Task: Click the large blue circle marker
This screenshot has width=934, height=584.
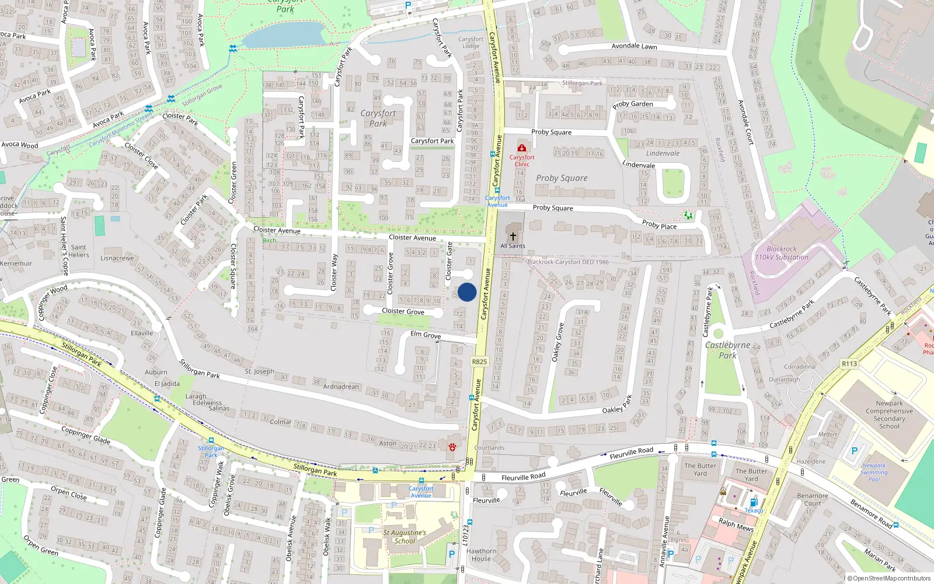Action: tap(467, 292)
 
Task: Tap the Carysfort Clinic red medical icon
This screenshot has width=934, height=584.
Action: tap(522, 148)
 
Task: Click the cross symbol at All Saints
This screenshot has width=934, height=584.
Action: tap(513, 237)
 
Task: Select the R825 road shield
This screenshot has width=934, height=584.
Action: tap(479, 361)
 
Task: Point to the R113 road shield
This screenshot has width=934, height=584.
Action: tap(849, 364)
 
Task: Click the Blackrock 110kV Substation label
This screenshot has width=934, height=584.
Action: tap(782, 253)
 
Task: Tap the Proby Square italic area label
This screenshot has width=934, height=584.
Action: tap(562, 178)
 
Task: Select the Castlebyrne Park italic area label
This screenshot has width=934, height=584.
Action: tap(727, 350)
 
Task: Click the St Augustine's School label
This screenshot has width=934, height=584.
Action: tap(405, 537)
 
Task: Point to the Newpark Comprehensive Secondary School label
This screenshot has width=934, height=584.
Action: tap(889, 415)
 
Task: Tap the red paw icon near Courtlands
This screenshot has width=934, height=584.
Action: tap(452, 447)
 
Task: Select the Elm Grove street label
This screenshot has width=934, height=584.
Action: tap(426, 335)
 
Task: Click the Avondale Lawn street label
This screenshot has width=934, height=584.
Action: tap(634, 46)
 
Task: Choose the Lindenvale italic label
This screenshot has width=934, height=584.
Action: tap(663, 154)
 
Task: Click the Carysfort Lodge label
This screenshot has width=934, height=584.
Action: tap(471, 43)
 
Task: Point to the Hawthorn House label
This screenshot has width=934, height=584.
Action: tap(482, 555)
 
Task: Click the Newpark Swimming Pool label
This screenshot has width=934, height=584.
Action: tap(874, 472)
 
